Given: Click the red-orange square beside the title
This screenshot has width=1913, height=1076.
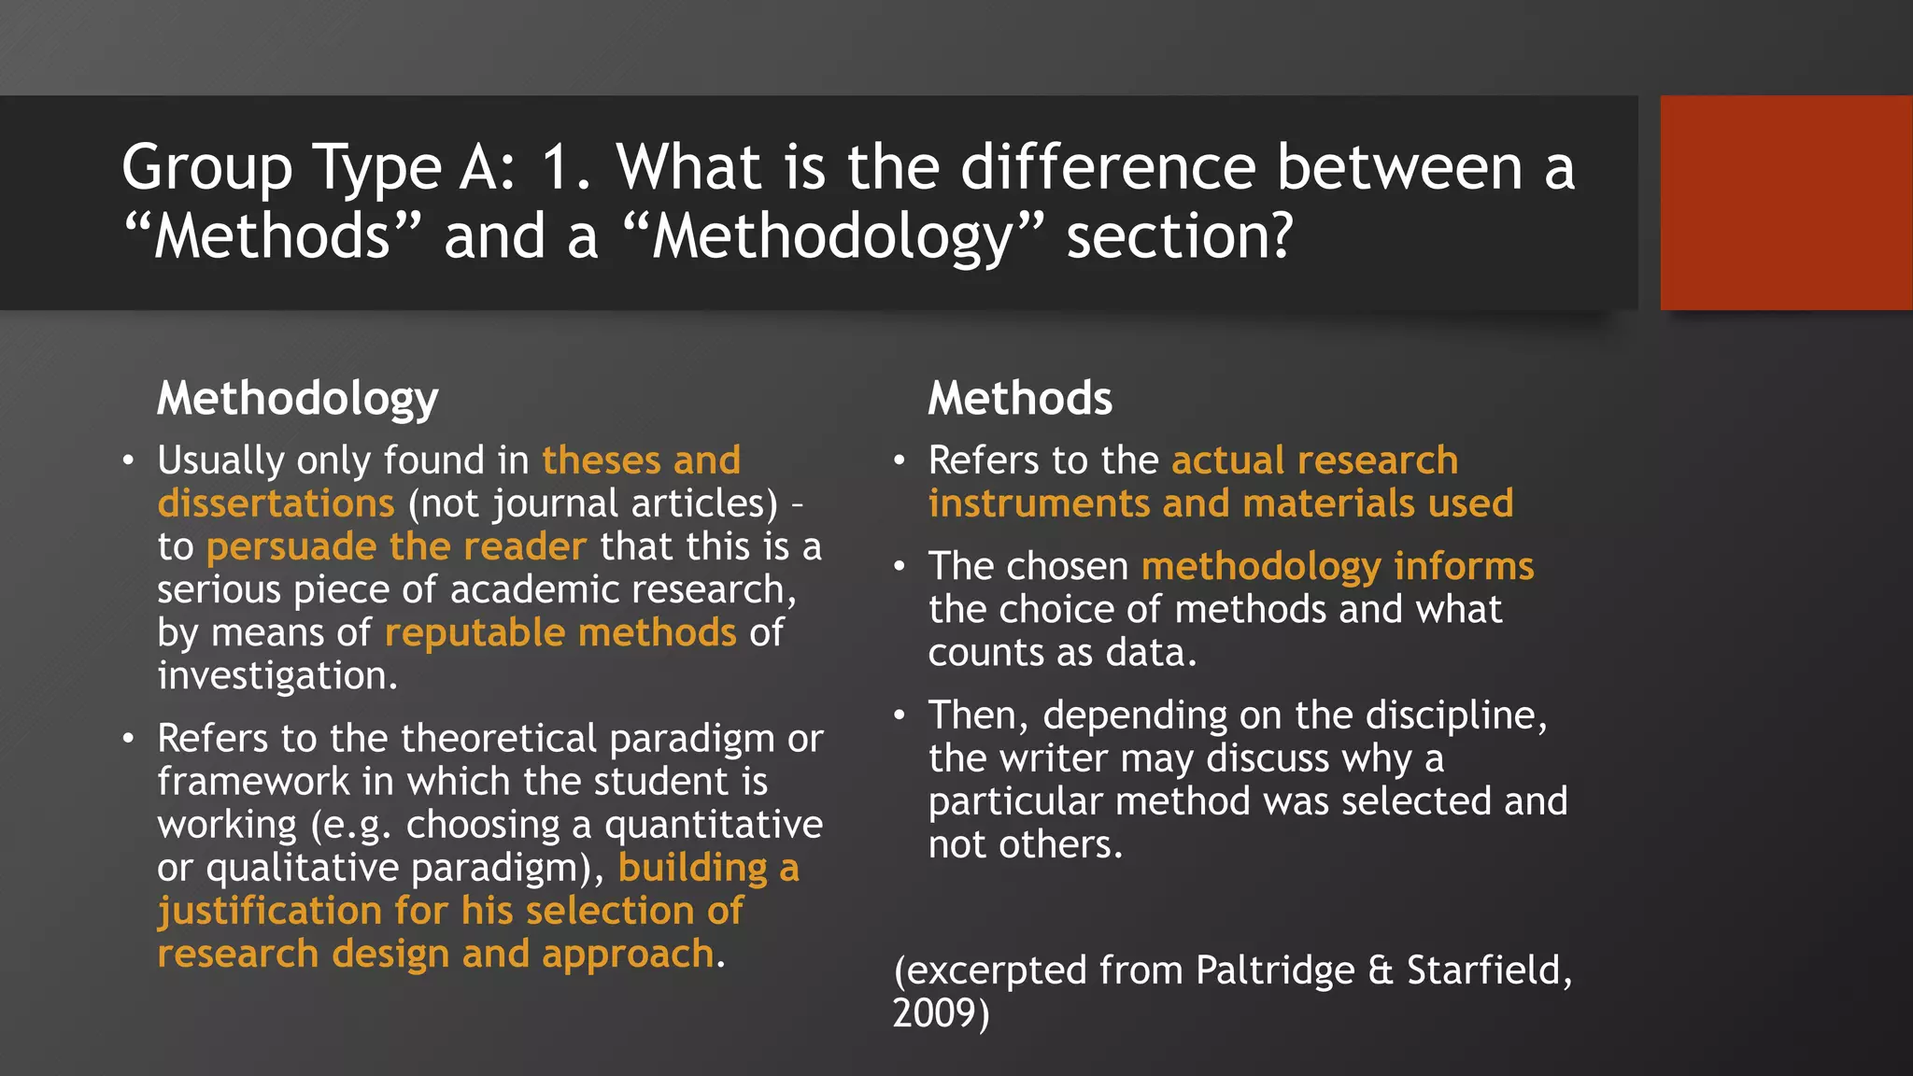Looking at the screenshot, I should [1786, 202].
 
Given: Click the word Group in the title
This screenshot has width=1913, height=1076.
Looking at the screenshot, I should [207, 169].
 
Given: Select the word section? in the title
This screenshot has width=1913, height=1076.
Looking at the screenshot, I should [1180, 237].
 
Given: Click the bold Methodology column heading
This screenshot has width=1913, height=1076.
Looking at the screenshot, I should [297, 400].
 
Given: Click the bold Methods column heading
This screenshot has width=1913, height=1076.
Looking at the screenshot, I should [1020, 399].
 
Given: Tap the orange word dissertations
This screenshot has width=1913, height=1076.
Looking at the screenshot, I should [276, 503].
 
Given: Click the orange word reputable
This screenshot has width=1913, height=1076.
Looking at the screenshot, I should [475, 633].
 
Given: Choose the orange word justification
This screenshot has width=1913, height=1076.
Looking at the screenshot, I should [269, 912].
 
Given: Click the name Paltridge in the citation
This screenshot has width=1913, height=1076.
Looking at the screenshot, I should [1274, 971].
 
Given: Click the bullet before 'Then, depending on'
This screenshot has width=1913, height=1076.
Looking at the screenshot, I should [900, 715].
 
